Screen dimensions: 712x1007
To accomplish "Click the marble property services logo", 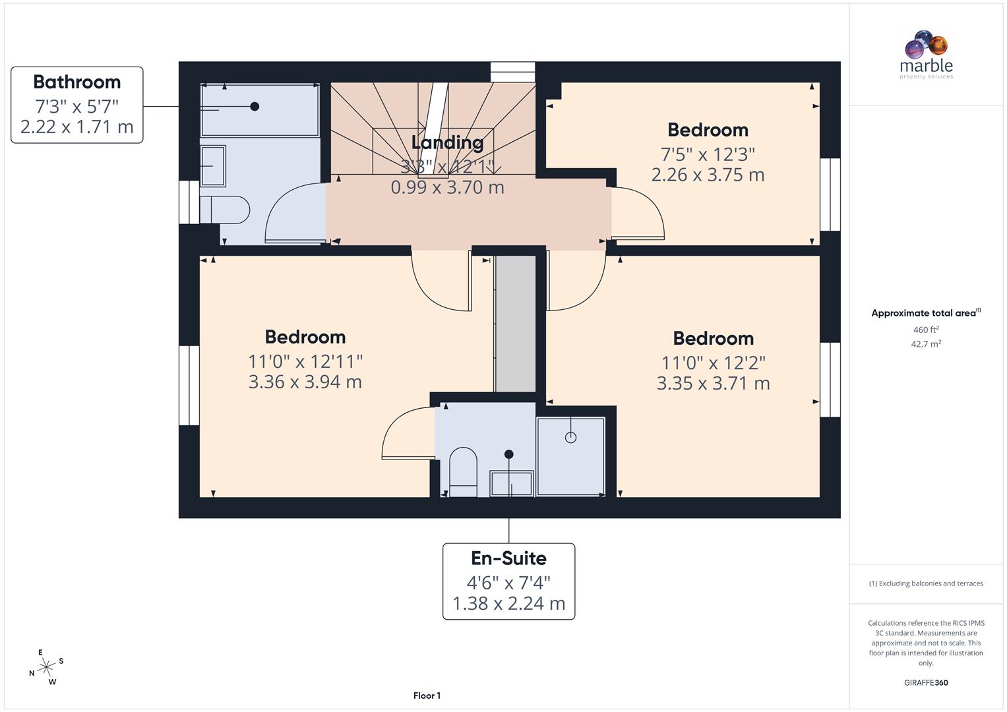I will click(926, 55).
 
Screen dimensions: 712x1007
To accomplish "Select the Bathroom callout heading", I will click(77, 82).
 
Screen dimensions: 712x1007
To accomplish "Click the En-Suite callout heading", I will click(508, 558).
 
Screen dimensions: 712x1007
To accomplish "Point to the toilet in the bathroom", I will click(224, 210).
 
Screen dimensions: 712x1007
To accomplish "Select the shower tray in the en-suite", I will click(571, 456).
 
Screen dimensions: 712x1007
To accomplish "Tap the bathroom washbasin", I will click(213, 165).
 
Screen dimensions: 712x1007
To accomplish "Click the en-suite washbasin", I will click(511, 483).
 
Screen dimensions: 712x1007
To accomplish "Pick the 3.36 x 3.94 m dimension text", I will click(305, 382).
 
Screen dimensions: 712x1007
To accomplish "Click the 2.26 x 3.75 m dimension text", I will click(708, 175).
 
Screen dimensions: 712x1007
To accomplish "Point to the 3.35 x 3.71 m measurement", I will click(713, 384).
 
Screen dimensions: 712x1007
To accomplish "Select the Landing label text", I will click(447, 142).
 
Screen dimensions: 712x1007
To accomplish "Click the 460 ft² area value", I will click(926, 330).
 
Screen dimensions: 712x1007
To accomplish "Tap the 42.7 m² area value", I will click(926, 344).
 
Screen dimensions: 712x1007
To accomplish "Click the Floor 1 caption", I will click(427, 696).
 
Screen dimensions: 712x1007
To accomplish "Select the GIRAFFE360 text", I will click(926, 683).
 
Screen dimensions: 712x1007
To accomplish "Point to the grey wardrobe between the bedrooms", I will click(516, 323).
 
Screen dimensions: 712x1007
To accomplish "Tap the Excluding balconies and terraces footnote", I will click(926, 583).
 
